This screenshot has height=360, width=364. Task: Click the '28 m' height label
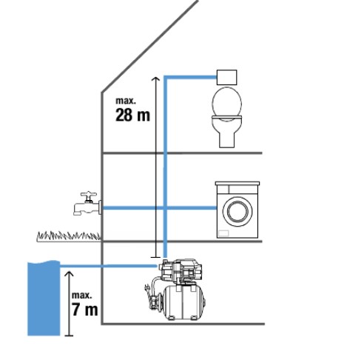tap(132, 115)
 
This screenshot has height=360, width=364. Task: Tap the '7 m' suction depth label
tap(85, 310)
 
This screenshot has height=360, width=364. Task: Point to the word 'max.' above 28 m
tap(126, 101)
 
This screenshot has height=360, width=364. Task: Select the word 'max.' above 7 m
tap(82, 296)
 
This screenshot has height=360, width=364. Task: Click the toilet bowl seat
tap(227, 103)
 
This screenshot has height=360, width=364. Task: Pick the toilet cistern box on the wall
tap(227, 77)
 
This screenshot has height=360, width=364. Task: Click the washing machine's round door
tap(237, 212)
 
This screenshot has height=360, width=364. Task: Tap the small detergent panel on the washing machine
tap(223, 233)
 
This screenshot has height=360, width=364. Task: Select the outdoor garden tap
tap(87, 204)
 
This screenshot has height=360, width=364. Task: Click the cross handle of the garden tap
tap(89, 194)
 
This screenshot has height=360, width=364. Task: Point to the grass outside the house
tap(69, 236)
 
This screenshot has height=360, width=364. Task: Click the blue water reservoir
tap(44, 299)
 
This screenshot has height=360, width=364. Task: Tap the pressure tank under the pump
tap(183, 302)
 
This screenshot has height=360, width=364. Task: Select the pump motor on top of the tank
tap(181, 270)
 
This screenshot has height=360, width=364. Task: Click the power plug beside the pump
tap(147, 288)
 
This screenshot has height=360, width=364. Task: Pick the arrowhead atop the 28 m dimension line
tap(155, 79)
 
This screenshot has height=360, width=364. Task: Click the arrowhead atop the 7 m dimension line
tap(69, 273)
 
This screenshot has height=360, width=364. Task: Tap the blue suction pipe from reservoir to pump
tap(109, 266)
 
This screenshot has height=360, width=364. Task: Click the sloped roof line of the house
tap(149, 46)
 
